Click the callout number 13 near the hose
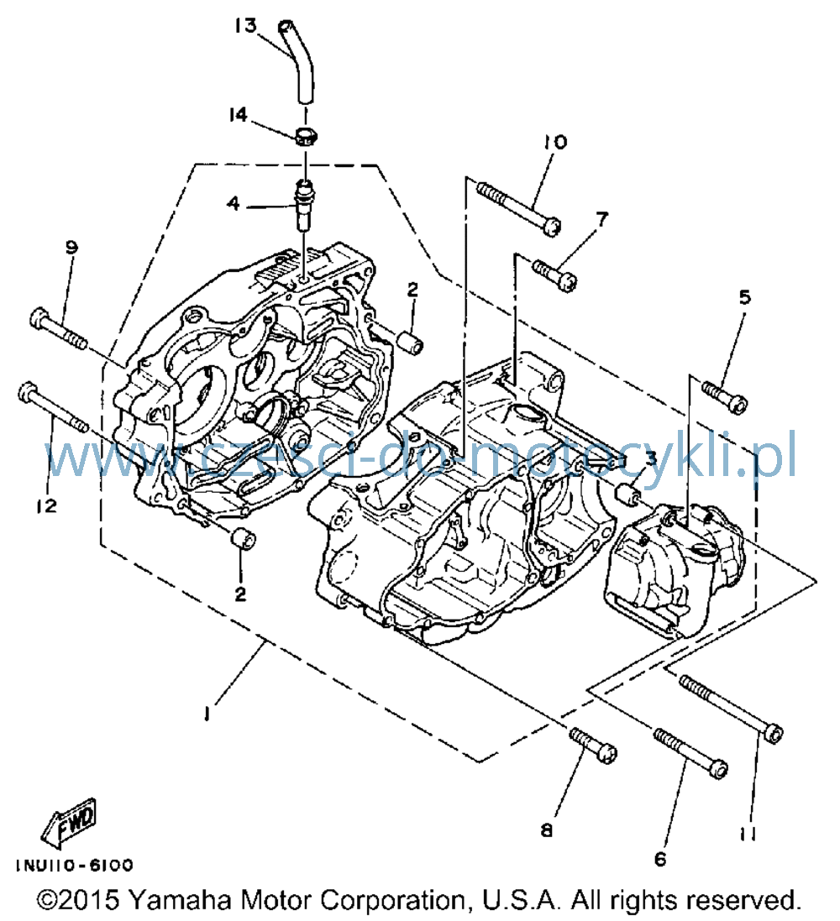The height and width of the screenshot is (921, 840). coord(246,26)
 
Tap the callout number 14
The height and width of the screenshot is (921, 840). coord(238,114)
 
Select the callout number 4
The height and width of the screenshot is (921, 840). coord(234,204)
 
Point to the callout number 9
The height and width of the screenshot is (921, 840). coord(71,248)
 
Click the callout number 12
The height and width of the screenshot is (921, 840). coord(47,505)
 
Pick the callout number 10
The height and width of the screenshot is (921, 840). coord(555,142)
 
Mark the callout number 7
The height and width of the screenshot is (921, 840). coord(602,219)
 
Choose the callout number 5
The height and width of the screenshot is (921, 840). coord(745,297)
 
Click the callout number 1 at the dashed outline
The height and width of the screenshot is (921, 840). coord(207,713)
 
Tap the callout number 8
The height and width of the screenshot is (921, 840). coord(547,830)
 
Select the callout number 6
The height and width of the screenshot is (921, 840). coord(661,859)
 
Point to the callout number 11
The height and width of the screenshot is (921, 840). coord(747,834)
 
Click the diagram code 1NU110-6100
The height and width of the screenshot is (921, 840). coord(75,866)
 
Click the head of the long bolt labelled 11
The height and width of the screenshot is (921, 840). coord(774,734)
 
